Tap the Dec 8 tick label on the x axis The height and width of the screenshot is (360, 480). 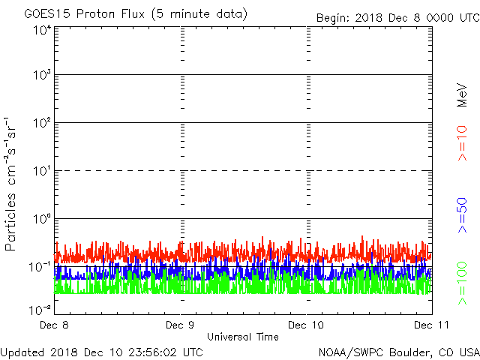[x=57, y=325]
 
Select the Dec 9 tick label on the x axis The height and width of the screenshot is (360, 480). [x=181, y=325]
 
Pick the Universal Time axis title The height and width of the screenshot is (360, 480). [x=242, y=337]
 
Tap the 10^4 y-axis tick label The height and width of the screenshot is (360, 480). [x=42, y=31]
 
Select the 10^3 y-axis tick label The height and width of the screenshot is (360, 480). [x=42, y=75]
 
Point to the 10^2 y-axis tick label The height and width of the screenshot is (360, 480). [x=42, y=123]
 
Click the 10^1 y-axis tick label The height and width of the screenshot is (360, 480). [x=42, y=171]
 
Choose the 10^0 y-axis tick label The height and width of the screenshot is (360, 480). [x=42, y=218]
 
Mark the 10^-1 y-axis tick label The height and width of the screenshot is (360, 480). [x=40, y=266]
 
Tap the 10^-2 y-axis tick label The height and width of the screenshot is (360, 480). [x=40, y=309]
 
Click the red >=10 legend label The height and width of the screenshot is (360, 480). [x=463, y=143]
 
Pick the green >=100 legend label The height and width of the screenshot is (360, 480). [x=463, y=283]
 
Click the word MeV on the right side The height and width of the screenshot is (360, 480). [x=463, y=94]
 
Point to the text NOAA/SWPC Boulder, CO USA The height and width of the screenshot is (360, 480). [x=398, y=352]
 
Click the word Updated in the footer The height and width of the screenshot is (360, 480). [x=22, y=352]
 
